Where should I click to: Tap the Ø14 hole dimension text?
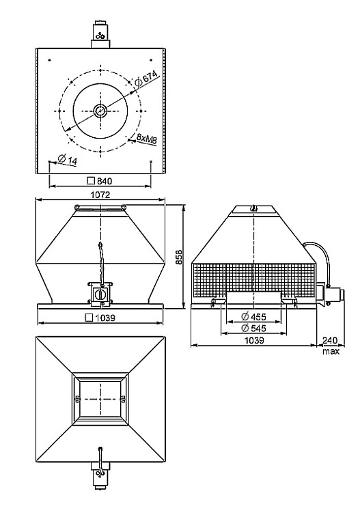click(x=67, y=159)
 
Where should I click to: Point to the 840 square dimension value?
click(x=100, y=181)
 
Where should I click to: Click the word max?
click(x=331, y=351)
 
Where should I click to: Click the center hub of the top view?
click(x=100, y=111)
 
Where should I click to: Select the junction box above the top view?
click(x=100, y=35)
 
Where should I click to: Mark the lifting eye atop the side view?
click(x=253, y=208)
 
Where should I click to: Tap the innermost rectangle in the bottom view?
click(x=100, y=398)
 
